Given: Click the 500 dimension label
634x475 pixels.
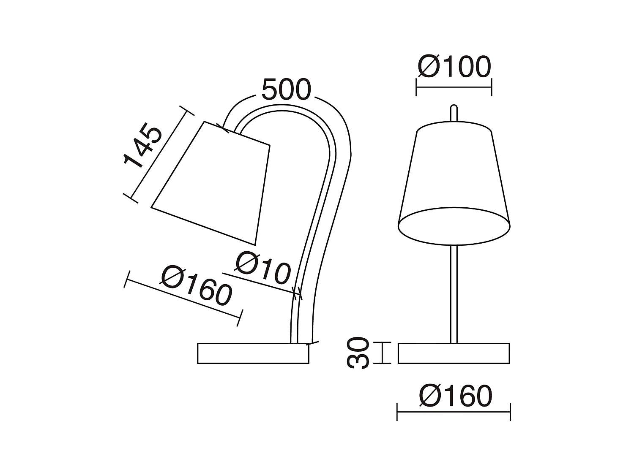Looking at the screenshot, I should point(286,90).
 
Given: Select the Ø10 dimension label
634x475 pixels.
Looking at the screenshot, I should point(263,268).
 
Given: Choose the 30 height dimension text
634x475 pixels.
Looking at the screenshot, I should point(358,353).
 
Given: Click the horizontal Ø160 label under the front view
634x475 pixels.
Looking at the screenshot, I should point(456,396).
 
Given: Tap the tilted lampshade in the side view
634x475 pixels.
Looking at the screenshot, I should point(216,182).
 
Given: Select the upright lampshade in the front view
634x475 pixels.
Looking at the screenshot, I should point(454,169).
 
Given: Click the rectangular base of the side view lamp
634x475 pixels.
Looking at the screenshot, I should point(253,353).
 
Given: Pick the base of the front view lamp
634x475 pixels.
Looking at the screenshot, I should point(454,353).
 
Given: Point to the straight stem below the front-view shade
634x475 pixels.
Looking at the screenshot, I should point(454,293).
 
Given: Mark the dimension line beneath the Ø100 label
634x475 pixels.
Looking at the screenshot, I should point(454,88).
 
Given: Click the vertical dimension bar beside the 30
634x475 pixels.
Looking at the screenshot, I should point(383,353).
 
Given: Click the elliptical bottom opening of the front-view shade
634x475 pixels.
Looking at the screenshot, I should point(454,226).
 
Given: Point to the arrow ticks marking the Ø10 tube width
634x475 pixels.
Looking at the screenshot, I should point(297,292).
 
